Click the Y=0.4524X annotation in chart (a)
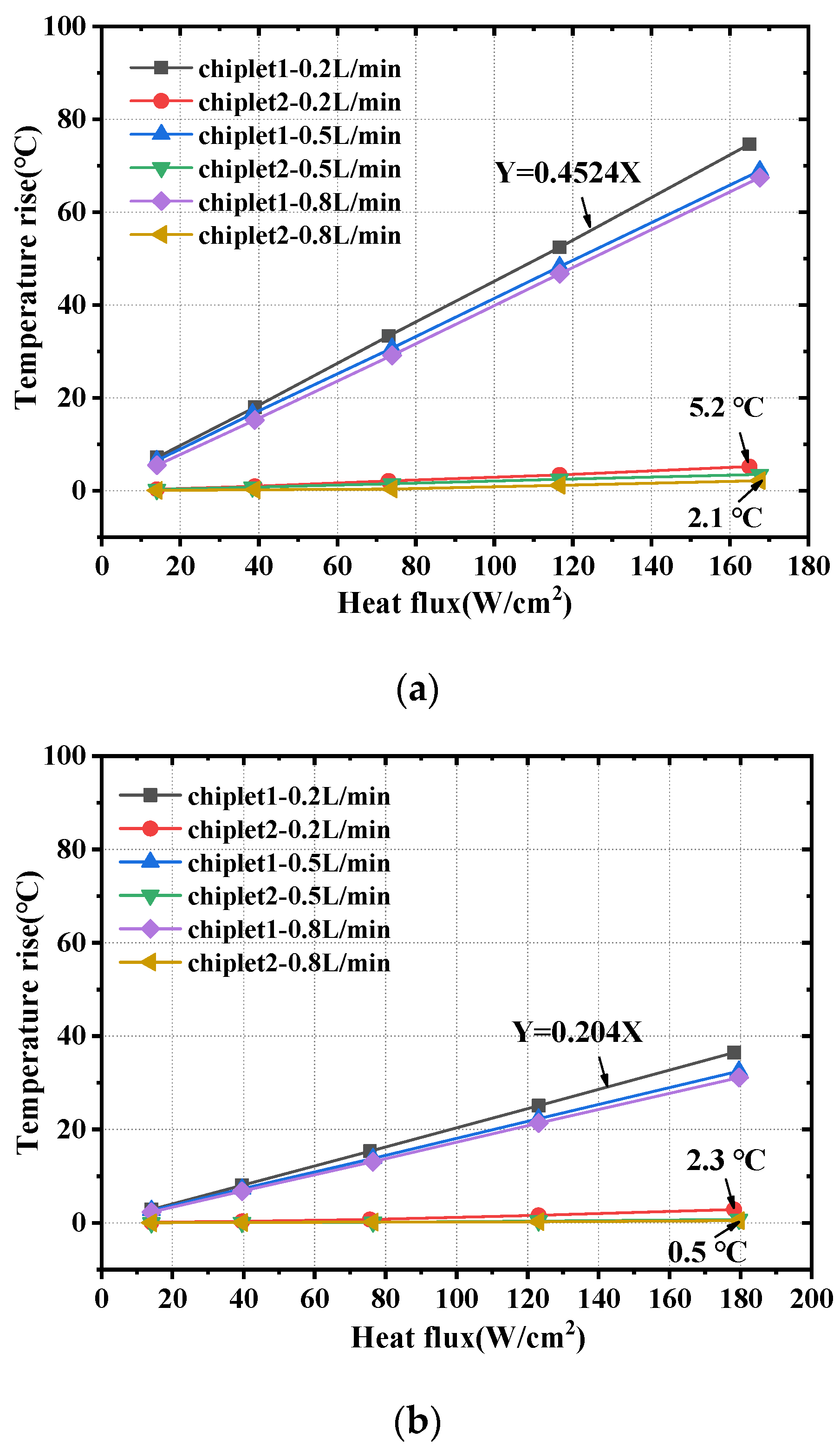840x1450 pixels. point(567,173)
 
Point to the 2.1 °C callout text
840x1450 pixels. point(724,518)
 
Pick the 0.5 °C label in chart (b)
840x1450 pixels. point(707,1252)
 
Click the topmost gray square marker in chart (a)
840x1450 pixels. point(749,144)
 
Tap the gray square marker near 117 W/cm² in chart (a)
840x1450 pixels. point(559,247)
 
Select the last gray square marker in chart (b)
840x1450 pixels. point(734,1053)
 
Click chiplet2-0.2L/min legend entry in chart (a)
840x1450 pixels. point(299,102)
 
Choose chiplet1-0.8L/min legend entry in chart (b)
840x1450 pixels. point(288,929)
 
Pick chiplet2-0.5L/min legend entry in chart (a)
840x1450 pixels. point(299,169)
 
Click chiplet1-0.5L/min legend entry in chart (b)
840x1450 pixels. point(288,863)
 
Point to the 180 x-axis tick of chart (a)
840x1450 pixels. point(808,566)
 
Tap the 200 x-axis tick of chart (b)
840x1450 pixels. point(811,1299)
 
